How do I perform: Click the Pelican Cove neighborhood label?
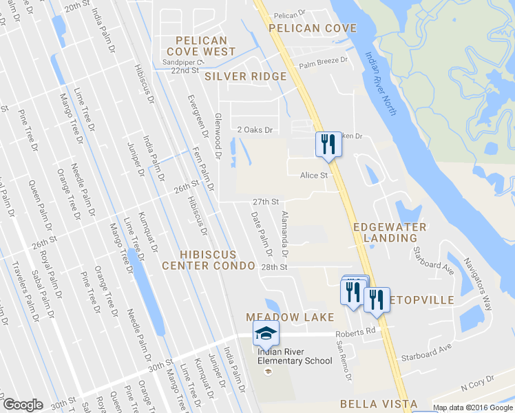tap(313, 28)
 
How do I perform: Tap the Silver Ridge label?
tap(245, 76)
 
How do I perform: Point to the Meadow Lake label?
tap(290, 317)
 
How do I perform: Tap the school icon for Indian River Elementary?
tap(266, 334)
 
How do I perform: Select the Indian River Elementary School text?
tap(295, 356)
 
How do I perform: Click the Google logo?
tap(23, 405)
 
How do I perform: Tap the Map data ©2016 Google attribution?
tap(472, 407)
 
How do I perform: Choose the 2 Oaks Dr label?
tap(255, 129)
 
